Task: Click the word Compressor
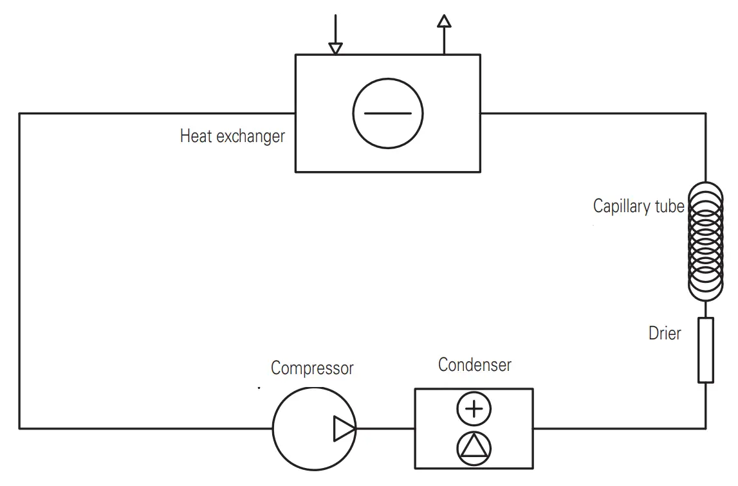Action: pyautogui.click(x=312, y=368)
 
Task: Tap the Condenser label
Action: pyautogui.click(x=474, y=364)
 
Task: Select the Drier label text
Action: pyautogui.click(x=664, y=333)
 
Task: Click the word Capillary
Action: pyautogui.click(x=622, y=206)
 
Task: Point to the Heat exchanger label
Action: pyautogui.click(x=232, y=136)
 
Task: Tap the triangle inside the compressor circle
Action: pyautogui.click(x=343, y=429)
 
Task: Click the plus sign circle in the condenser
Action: pyautogui.click(x=474, y=410)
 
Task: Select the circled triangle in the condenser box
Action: pyautogui.click(x=474, y=448)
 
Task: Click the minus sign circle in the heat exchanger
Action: pyautogui.click(x=387, y=113)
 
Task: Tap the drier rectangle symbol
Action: pyautogui.click(x=706, y=350)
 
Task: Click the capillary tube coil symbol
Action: pyautogui.click(x=706, y=241)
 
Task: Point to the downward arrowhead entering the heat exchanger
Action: pyautogui.click(x=335, y=48)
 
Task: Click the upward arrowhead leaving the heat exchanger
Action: pyautogui.click(x=443, y=21)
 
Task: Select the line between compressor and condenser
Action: pyautogui.click(x=384, y=429)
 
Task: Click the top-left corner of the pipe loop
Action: pyautogui.click(x=20, y=114)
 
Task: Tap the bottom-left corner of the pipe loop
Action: pyautogui.click(x=20, y=428)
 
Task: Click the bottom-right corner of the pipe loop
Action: pyautogui.click(x=706, y=428)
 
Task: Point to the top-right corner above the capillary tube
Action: pyautogui.click(x=706, y=114)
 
